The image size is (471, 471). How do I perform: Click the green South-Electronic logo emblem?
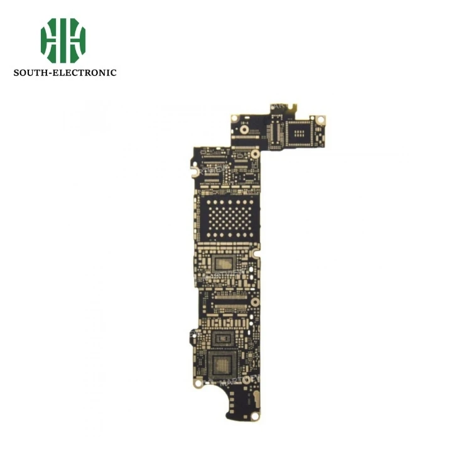[x=63, y=40]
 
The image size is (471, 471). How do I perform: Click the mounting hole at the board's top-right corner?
[x=320, y=119]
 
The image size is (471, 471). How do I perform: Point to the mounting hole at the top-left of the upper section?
[x=234, y=118]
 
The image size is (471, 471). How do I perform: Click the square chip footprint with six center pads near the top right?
[x=300, y=132]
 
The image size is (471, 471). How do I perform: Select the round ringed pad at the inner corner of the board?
[x=255, y=153]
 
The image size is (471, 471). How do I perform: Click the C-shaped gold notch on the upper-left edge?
[x=195, y=169]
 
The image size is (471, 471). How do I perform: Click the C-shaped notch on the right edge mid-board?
[x=256, y=255]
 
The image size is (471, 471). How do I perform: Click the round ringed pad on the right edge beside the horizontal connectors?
[x=255, y=302]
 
